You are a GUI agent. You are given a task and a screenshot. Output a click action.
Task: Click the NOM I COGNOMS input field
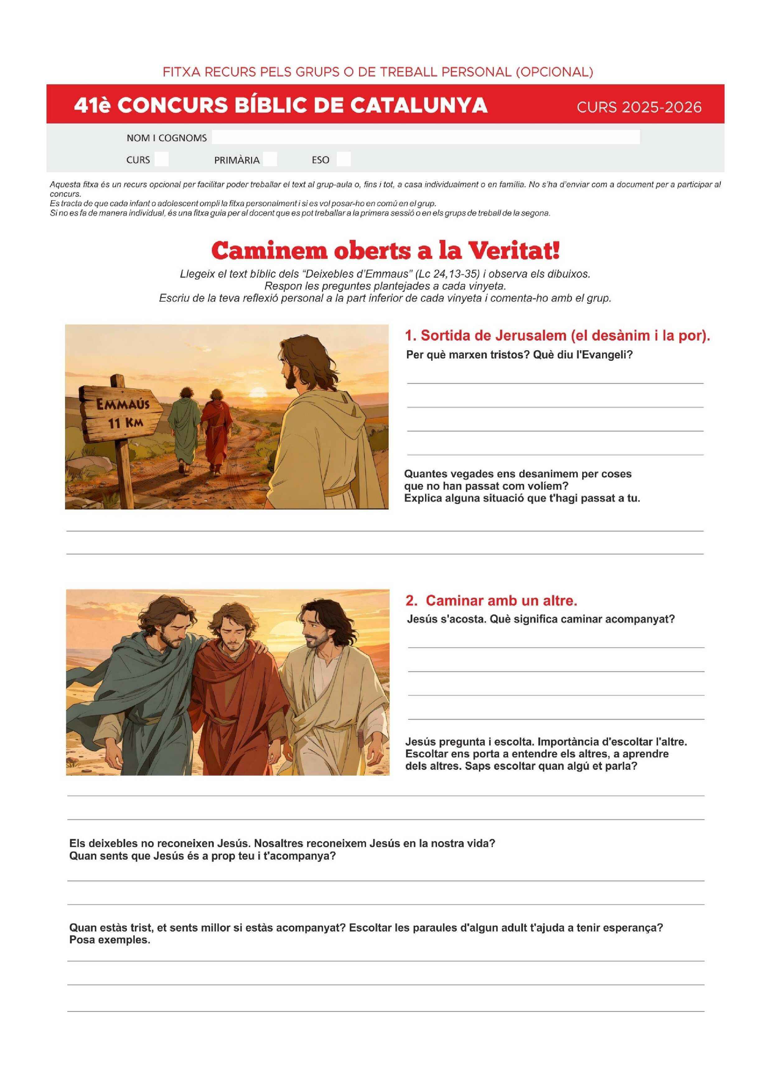click(x=425, y=137)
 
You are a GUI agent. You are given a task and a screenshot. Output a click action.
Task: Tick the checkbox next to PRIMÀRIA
click(x=269, y=159)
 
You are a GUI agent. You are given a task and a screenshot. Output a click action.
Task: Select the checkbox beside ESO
click(x=343, y=159)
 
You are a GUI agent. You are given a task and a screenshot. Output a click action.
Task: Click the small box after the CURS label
click(x=161, y=159)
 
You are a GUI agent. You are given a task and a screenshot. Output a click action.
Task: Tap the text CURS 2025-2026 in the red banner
click(x=639, y=107)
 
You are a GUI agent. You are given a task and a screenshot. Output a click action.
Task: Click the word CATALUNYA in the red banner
click(x=418, y=105)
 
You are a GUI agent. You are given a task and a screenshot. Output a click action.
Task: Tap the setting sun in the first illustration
click(x=260, y=392)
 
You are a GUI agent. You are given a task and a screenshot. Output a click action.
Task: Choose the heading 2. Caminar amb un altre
click(x=491, y=601)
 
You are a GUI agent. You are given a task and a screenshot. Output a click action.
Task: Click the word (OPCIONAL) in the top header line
click(x=554, y=72)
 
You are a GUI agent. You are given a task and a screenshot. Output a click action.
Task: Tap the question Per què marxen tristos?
click(x=468, y=355)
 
